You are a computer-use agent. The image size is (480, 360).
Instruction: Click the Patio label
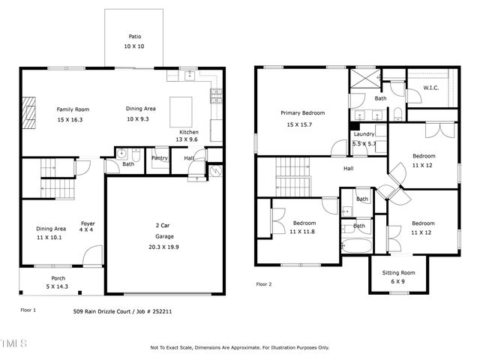[134, 36]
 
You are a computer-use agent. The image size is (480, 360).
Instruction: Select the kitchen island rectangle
[181, 112]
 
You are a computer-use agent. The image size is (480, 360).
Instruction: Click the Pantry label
[160, 158]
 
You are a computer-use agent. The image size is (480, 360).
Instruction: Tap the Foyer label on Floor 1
[88, 223]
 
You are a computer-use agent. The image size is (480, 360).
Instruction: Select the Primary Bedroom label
[299, 113]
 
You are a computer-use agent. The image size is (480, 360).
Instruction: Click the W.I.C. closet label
[430, 87]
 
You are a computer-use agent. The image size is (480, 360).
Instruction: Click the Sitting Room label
[398, 272]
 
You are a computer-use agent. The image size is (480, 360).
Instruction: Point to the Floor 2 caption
[264, 284]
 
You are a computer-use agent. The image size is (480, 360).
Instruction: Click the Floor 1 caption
[28, 309]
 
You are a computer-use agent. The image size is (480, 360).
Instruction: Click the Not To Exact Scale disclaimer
[239, 347]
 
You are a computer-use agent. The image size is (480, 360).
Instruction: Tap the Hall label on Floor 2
[349, 169]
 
